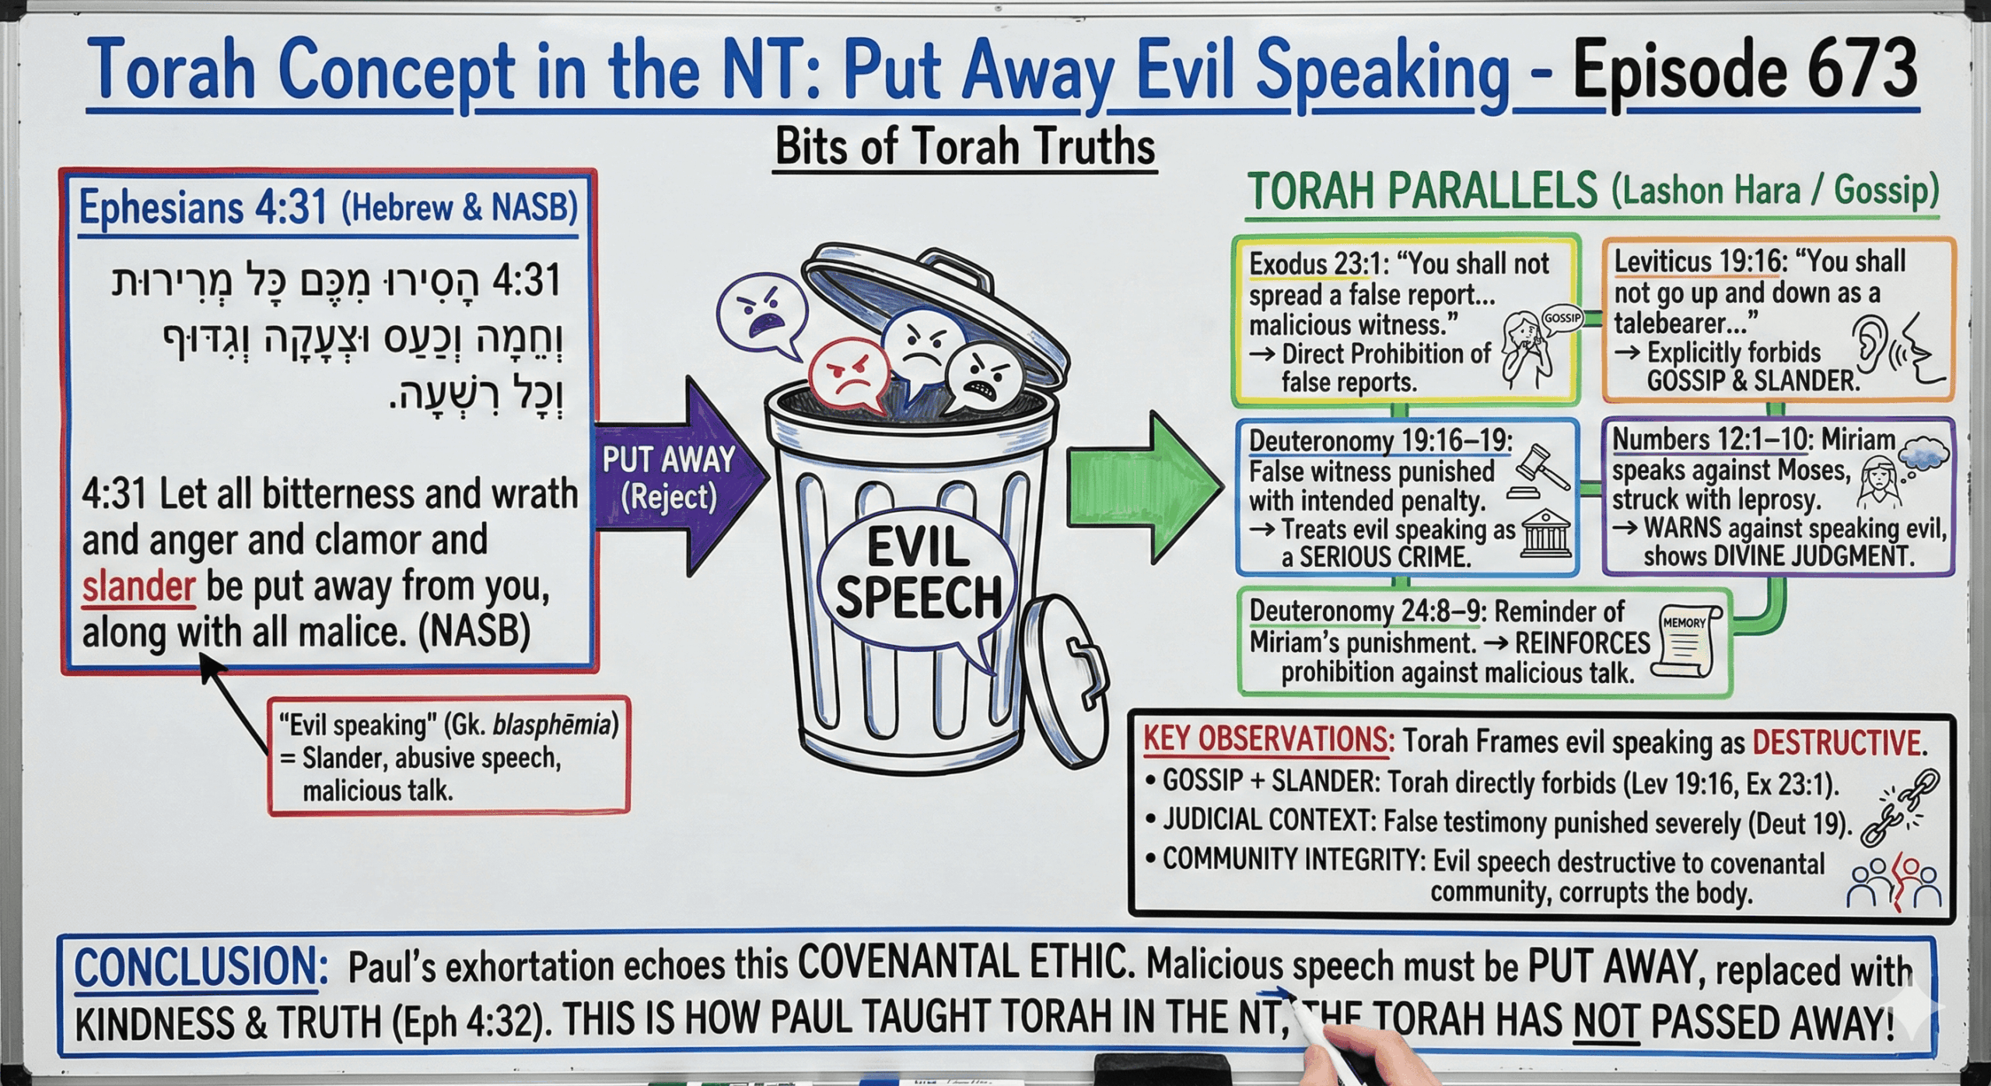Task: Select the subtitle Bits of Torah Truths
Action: point(965,146)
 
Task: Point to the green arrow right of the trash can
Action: point(1143,486)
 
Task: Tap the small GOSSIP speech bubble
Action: point(1562,320)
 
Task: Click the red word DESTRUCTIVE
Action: point(1836,743)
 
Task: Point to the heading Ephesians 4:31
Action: point(203,207)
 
